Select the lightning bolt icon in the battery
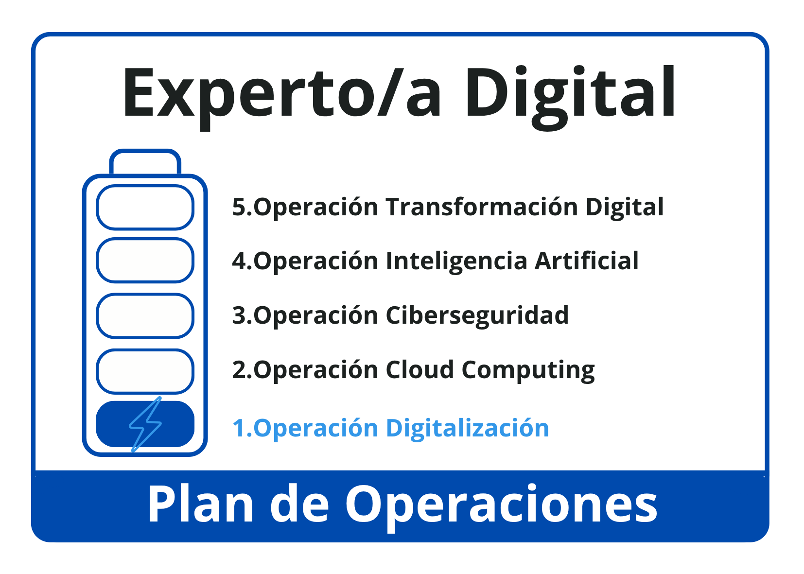145,424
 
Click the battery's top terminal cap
145,161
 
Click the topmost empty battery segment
145,207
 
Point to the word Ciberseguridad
477,315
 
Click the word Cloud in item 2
420,369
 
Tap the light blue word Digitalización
467,429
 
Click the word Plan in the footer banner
200,504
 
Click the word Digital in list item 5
625,208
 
